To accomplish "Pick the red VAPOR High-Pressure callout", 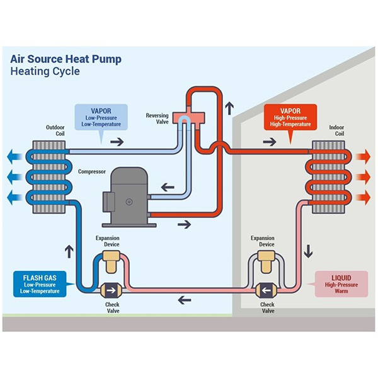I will click(287, 117).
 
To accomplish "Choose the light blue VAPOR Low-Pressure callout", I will click(101, 117).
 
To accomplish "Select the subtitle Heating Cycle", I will click(45, 71).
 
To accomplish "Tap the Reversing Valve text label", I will click(157, 119).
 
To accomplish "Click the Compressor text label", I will click(92, 171).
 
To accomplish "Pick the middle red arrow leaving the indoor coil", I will click(364, 177).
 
